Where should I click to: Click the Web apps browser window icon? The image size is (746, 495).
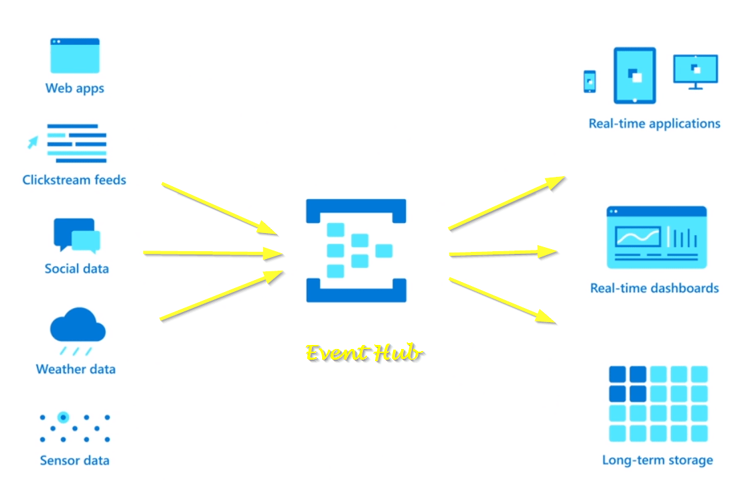coord(75,56)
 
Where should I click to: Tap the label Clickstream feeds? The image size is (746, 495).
coord(74,180)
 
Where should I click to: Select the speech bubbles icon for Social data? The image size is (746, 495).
coord(76,235)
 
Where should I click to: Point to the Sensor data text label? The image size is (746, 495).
coord(74,461)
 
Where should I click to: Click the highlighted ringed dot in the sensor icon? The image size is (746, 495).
coord(63,417)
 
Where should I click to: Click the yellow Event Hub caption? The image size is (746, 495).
coord(364,353)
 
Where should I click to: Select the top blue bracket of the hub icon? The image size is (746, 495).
coord(356,209)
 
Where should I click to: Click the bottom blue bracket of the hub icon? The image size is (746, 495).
coord(356,291)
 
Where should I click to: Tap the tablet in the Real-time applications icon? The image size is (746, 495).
coord(635,75)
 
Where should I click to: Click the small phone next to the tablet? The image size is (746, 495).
coord(589,81)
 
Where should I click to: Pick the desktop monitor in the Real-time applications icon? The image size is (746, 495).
coord(695,70)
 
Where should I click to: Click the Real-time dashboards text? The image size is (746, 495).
coord(654,289)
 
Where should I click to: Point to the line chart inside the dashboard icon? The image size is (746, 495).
coord(638,236)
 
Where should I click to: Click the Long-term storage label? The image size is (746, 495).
coord(657,460)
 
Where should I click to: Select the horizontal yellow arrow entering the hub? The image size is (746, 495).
coord(214,253)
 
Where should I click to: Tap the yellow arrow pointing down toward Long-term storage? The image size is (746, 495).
coord(502,300)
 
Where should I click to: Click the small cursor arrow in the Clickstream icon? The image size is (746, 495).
coord(32,142)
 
